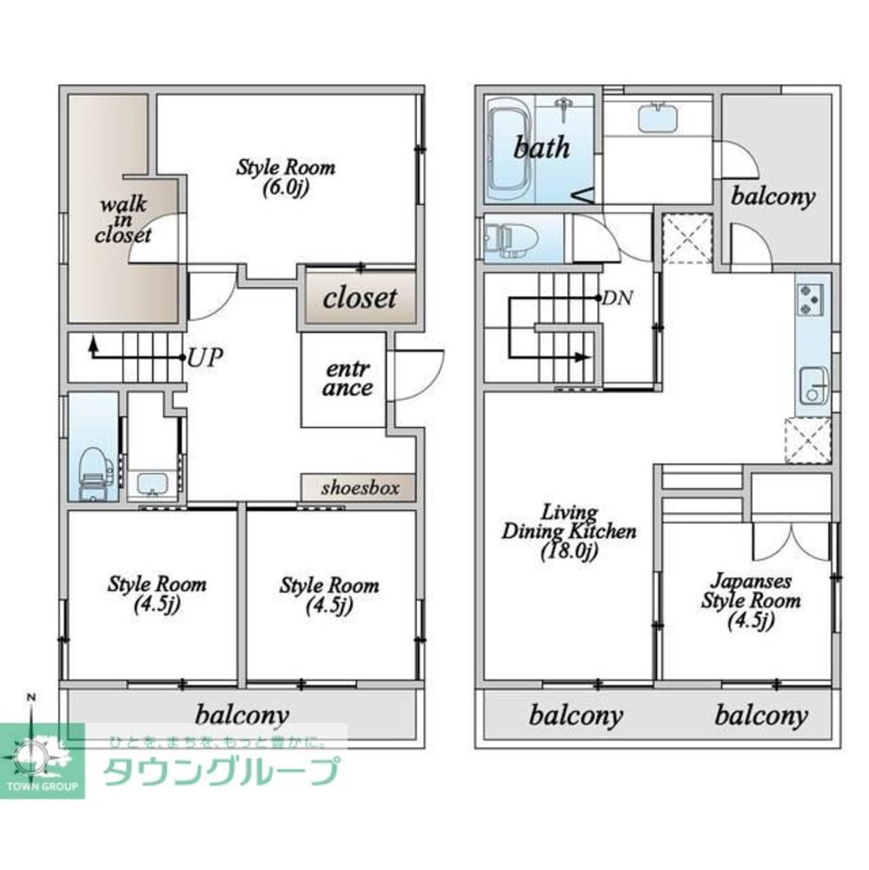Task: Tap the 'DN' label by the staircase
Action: point(618,298)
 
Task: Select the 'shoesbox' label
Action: point(360,488)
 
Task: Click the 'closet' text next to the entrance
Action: point(360,298)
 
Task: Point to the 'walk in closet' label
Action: point(123,220)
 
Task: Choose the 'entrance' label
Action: point(348,379)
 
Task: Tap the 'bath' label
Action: point(541,147)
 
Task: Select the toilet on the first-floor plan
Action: point(91,475)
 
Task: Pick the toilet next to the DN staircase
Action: point(503,238)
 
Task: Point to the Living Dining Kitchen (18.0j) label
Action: point(569,530)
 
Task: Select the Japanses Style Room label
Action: point(750,599)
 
